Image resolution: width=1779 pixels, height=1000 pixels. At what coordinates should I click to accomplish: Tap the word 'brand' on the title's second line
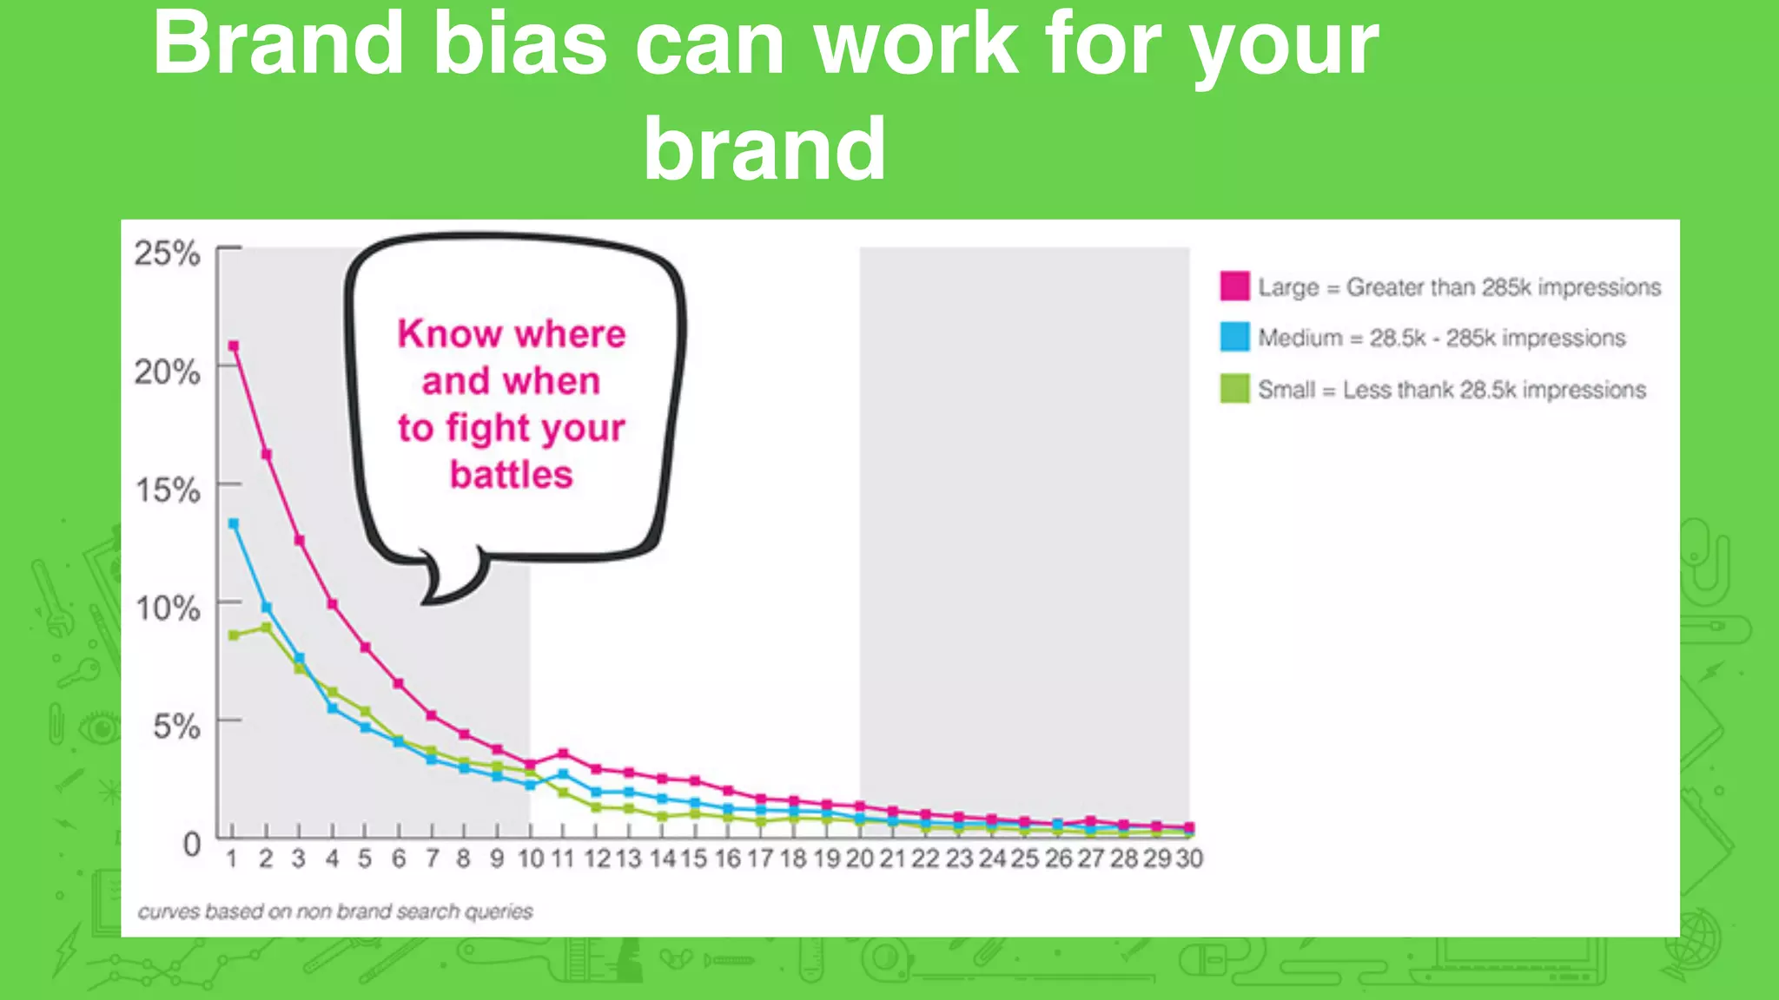[764, 149]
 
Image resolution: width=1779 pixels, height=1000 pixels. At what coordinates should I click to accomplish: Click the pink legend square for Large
[1234, 286]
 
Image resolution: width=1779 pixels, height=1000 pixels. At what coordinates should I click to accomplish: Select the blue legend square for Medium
[1234, 337]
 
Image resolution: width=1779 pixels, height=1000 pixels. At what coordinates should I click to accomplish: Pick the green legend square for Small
[1234, 388]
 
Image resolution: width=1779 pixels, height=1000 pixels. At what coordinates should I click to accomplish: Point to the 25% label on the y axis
[167, 253]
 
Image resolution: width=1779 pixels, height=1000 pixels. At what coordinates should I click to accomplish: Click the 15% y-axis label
[167, 490]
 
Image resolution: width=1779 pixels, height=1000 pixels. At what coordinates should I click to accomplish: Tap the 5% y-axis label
[176, 727]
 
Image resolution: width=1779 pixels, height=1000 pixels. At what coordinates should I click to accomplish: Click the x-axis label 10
[530, 859]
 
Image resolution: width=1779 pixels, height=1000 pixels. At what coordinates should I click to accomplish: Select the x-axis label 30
[1189, 859]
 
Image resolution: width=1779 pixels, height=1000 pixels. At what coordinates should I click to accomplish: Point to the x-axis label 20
[859, 859]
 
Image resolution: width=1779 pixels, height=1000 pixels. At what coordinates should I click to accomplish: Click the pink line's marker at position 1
[233, 346]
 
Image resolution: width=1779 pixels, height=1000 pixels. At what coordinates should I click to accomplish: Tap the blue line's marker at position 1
[233, 523]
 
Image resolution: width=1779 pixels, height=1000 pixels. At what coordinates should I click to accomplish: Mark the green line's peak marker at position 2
[266, 627]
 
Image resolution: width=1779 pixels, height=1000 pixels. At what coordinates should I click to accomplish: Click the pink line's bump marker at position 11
[563, 753]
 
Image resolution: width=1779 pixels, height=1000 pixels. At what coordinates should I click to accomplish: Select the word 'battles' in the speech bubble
[511, 475]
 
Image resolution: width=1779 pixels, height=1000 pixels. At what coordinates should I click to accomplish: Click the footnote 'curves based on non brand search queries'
[335, 911]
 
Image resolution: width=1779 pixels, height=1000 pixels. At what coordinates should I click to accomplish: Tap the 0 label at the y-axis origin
[192, 844]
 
